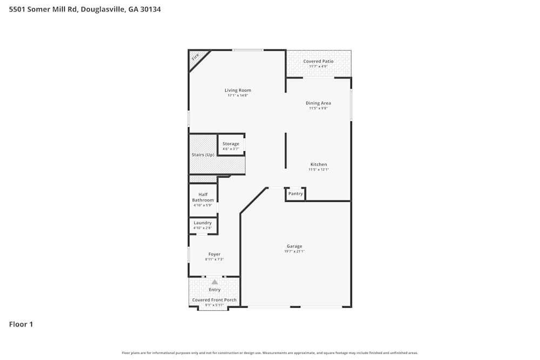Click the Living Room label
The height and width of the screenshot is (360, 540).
238,90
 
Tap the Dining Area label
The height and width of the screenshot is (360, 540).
318,103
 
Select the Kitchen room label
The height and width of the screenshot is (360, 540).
318,164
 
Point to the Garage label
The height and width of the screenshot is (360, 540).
294,246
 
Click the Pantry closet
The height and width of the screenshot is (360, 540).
295,194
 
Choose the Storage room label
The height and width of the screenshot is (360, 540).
231,144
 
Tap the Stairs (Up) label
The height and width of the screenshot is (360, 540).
203,155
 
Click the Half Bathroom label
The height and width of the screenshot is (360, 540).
203,197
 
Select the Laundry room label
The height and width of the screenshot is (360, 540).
203,222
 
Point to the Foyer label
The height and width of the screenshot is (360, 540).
214,254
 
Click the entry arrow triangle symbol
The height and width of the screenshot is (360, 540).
214,282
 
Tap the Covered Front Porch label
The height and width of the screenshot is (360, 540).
214,300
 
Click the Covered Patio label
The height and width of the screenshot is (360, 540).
318,61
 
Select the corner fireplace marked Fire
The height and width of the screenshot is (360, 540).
195,57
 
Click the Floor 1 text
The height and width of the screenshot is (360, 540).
21,324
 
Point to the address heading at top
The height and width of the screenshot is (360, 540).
85,9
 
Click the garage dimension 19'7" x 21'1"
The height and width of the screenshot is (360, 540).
294,252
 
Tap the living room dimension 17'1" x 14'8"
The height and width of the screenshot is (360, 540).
238,96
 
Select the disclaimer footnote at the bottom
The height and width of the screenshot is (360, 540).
270,353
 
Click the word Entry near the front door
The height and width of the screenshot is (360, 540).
214,290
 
